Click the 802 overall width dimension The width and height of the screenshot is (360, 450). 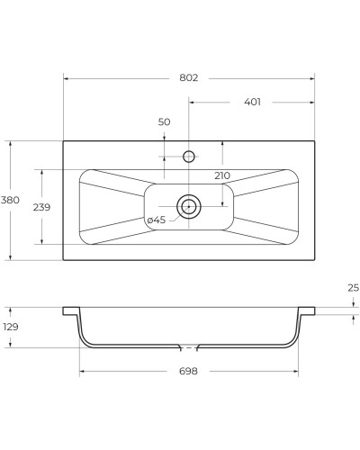point(188,78)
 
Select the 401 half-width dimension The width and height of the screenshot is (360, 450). point(252,102)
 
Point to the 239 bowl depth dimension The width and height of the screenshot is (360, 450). point(41,206)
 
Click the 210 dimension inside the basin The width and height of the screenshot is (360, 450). point(221,175)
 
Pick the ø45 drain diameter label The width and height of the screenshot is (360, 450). point(156,220)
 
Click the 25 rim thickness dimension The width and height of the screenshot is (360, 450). point(353,288)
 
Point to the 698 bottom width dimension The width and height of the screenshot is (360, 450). point(188,372)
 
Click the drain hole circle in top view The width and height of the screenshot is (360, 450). point(189,206)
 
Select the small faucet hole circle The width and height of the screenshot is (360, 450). point(189,157)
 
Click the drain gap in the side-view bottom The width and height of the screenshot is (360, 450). point(189,346)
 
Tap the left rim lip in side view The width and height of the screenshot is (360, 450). point(70,310)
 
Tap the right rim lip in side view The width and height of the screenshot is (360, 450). point(307,310)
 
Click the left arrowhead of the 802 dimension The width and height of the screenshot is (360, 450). point(66,78)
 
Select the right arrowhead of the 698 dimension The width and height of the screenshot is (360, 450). point(295,372)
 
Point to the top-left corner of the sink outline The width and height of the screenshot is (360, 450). point(63,140)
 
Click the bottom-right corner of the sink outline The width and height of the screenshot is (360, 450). point(314,261)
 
